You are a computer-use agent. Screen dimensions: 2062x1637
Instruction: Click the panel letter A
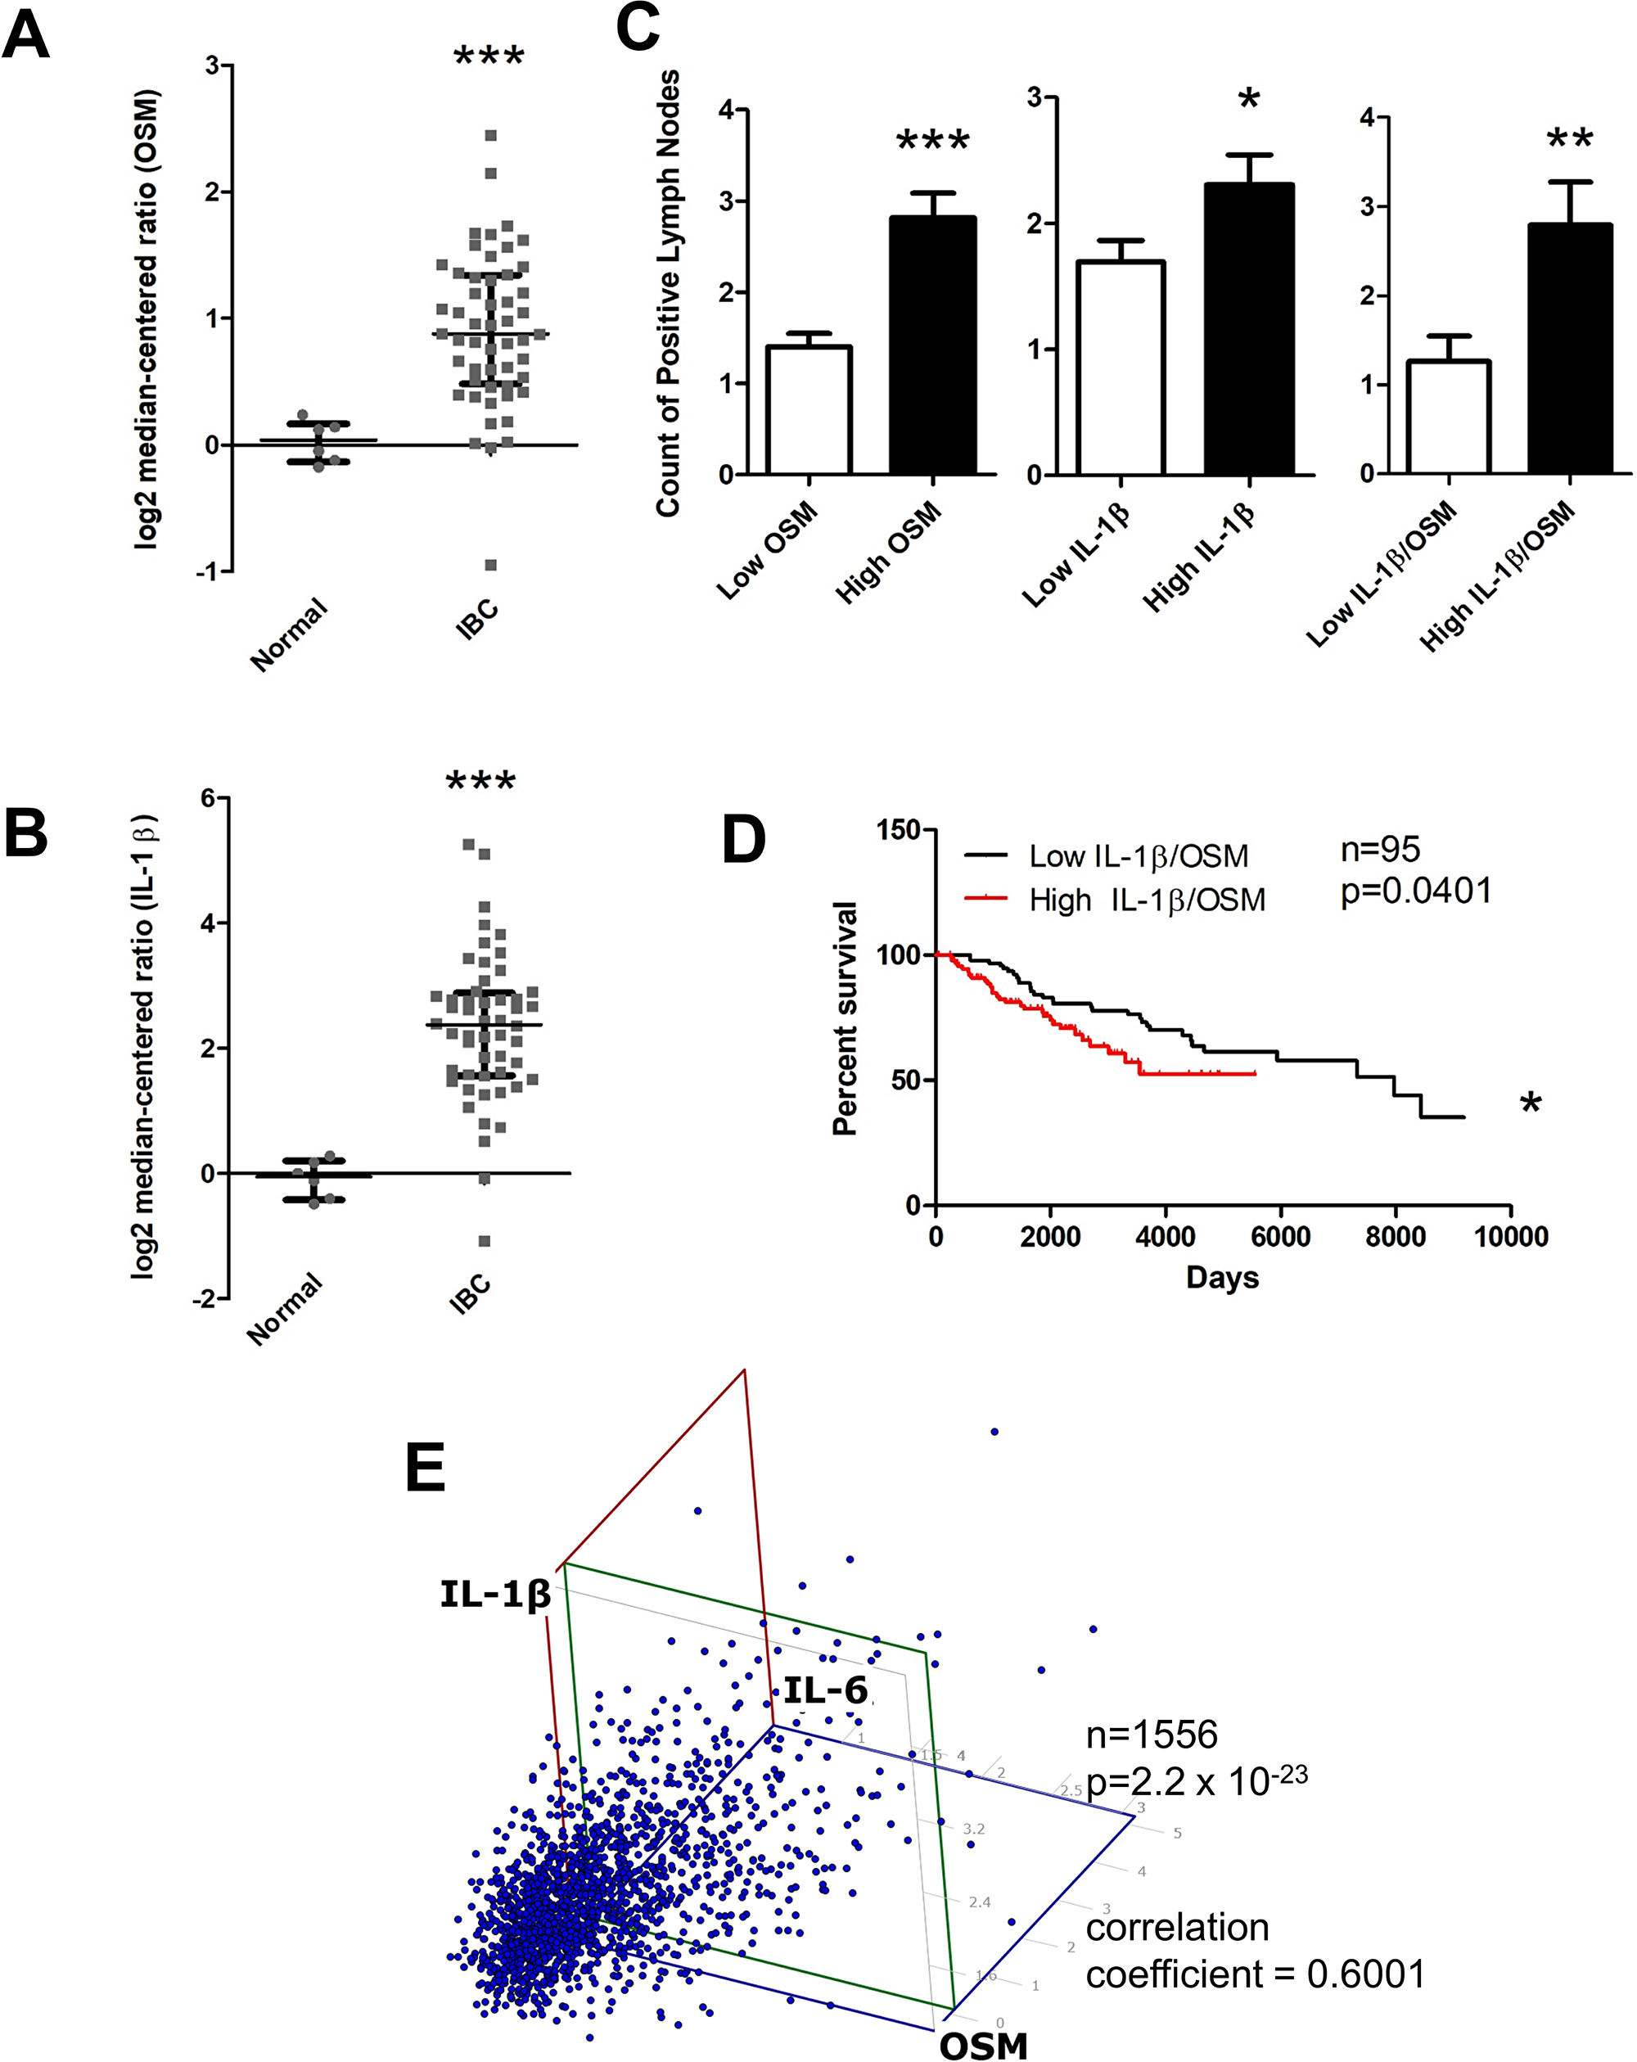[x=26, y=36]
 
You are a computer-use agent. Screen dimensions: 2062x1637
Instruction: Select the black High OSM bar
[x=932, y=345]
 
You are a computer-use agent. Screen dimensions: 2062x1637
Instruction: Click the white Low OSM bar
[x=809, y=410]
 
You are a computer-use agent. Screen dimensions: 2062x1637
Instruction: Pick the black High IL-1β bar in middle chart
[x=1248, y=329]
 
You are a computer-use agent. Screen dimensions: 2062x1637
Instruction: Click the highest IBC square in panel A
[x=491, y=136]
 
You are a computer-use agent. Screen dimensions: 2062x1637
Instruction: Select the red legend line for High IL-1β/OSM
[x=985, y=898]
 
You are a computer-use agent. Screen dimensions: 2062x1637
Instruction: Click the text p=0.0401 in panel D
[x=1415, y=891]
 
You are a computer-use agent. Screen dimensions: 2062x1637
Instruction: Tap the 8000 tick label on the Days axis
[x=1395, y=1237]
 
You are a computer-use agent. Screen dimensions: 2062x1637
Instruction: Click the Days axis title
[x=1222, y=1278]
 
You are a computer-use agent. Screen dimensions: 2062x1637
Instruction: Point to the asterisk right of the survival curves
[x=1531, y=1103]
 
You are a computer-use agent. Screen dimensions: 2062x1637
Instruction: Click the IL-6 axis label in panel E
[x=825, y=1690]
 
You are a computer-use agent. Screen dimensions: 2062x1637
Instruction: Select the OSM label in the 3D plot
[x=983, y=2045]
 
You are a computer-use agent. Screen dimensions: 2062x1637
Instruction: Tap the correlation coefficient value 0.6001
[x=1365, y=1973]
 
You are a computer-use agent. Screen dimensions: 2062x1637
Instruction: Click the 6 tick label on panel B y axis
[x=206, y=799]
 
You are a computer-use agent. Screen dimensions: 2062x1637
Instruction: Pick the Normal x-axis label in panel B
[x=285, y=1308]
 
